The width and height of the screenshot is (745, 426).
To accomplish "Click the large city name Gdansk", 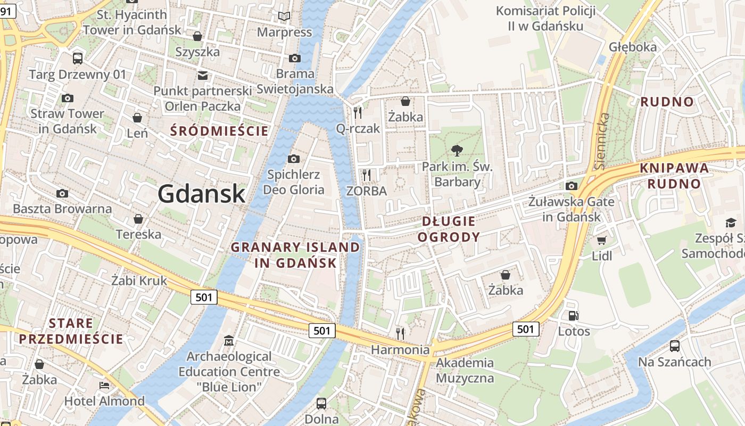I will coord(202,193).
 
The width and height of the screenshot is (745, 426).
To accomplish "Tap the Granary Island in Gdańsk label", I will coord(295,255).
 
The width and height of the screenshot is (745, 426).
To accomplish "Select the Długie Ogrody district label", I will coord(449,229).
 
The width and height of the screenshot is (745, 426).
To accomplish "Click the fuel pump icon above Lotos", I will coord(574,316).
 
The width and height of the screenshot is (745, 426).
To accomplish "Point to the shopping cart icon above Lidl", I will coord(602,241).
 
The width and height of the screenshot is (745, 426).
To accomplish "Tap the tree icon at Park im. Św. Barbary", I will coord(457,151).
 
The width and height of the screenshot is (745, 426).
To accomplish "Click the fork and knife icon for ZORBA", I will coord(366,175).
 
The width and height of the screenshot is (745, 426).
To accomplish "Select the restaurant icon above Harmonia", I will coord(400,334).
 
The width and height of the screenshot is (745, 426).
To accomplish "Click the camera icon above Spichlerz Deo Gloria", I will coord(293,159).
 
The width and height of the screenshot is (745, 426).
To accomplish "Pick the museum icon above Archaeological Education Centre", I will coord(229,340).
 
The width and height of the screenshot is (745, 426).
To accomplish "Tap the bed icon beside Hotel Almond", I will coord(104,385).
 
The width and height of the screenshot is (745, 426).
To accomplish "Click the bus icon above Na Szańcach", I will coord(674,346).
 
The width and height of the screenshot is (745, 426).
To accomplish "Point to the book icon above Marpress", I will coord(285,17).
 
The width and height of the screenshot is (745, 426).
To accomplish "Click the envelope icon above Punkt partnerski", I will coord(203,75).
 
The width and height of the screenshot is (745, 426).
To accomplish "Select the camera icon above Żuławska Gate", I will coord(572,186).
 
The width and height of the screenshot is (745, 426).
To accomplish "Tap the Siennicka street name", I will coord(602,141).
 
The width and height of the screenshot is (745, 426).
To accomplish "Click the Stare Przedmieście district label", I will coord(71,331).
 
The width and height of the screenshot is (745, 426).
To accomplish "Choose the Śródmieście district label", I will coord(219,130).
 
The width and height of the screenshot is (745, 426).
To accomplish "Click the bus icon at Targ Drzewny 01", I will coord(78,59).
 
